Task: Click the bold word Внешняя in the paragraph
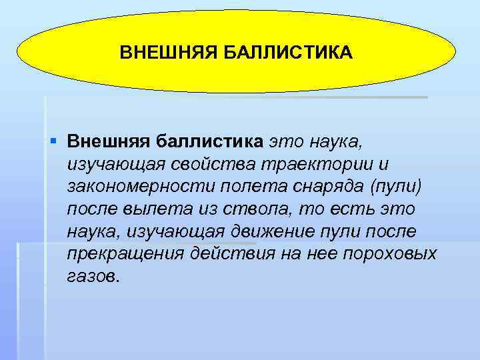point(110,141)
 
